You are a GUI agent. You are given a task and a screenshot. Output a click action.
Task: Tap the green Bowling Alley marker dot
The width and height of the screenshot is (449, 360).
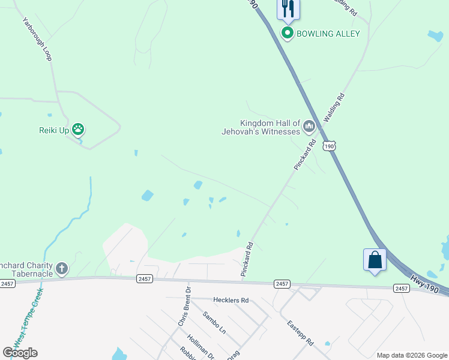coord(288,34)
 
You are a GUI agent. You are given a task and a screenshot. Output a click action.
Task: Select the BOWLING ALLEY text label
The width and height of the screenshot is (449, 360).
coord(327,34)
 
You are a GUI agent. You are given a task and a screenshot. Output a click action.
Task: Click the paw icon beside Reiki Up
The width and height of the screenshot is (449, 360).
coord(78,129)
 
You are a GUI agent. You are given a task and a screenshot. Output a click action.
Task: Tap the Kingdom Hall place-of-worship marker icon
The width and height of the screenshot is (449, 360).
coord(309,125)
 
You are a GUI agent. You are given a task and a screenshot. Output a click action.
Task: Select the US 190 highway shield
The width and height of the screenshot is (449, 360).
coord(328,146)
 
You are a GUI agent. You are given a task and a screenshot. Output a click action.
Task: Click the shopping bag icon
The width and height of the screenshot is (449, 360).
coord(375,260)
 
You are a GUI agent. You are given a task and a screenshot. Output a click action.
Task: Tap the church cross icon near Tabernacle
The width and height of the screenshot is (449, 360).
coord(62,268)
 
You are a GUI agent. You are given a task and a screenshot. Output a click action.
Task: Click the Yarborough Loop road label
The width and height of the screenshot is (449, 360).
coord(38,38)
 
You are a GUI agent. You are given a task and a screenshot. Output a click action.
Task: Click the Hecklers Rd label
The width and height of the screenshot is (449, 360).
coord(231,299)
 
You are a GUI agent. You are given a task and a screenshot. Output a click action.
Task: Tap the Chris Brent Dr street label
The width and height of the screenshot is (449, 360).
coord(185,306)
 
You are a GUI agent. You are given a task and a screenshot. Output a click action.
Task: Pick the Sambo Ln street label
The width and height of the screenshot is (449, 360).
coord(214,322)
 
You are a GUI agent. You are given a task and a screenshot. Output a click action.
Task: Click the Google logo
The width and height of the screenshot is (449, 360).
coord(20,352)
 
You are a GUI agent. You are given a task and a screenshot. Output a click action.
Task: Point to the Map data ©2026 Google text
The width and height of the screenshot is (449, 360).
coord(411,355)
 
